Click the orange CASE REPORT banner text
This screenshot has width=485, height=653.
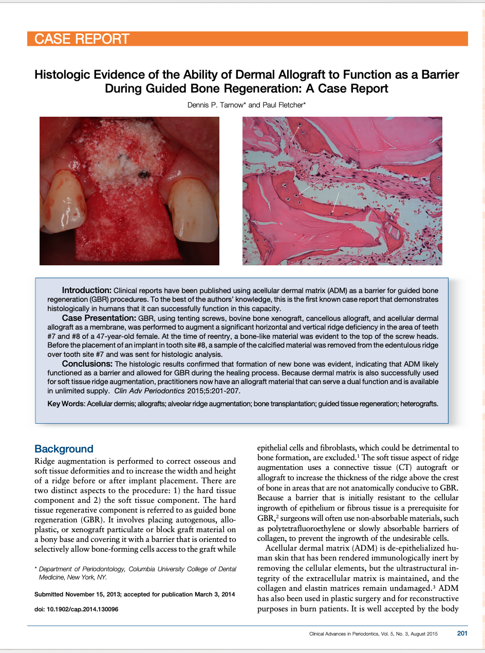click(82, 39)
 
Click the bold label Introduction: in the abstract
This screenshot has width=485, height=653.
click(86, 291)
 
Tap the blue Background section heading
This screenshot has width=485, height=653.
click(64, 449)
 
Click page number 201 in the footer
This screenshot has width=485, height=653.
click(462, 633)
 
